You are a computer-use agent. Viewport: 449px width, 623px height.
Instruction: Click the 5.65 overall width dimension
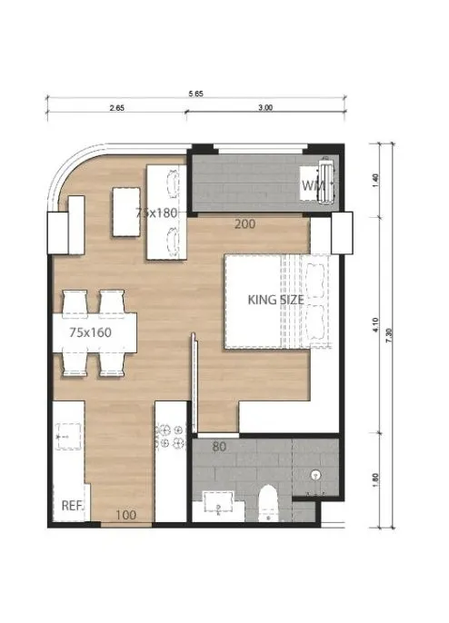[x=195, y=94]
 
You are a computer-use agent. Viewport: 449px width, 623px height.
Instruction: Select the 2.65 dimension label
[x=117, y=108]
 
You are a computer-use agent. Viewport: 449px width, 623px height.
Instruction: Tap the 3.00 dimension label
[x=265, y=108]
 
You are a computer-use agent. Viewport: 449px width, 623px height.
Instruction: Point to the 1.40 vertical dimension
[x=375, y=181]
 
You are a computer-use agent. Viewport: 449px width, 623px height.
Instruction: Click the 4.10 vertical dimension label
[x=375, y=325]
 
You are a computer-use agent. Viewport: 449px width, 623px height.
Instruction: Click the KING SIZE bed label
[x=275, y=300]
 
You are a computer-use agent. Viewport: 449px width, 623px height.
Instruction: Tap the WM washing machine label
[x=314, y=185]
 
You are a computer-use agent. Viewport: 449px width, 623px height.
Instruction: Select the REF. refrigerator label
[x=73, y=506]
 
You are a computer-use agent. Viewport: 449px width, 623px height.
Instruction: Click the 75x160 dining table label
[x=90, y=332]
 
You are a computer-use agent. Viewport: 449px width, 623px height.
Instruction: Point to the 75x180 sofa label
[x=156, y=213]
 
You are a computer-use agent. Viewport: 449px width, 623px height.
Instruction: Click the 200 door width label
[x=244, y=224]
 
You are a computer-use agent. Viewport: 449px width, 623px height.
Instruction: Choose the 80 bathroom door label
[x=219, y=447]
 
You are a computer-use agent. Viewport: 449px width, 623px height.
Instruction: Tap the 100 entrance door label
[x=125, y=515]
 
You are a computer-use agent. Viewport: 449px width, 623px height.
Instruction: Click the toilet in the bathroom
[x=267, y=502]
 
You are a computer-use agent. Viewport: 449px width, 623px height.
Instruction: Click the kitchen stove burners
[x=172, y=436]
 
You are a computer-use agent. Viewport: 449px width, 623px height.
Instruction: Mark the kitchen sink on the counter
[x=68, y=436]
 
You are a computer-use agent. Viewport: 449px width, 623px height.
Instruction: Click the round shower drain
[x=316, y=474]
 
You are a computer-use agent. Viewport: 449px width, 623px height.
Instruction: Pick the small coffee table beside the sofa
[x=126, y=212]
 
